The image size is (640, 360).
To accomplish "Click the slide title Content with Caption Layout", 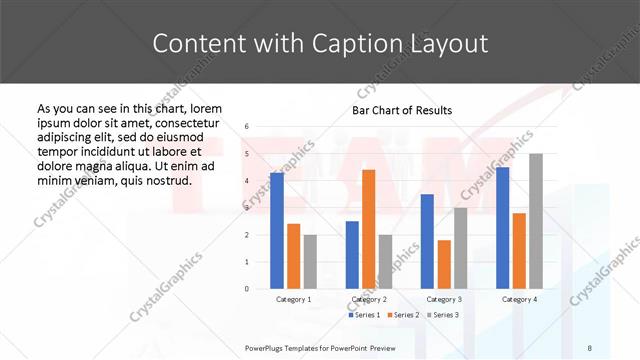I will click(320, 43).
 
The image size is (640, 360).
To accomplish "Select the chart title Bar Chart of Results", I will click(402, 110).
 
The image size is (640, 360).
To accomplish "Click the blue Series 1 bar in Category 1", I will click(277, 230).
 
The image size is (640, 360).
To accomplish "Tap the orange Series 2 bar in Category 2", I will click(368, 229).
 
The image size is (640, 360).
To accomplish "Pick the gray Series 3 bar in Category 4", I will click(536, 221).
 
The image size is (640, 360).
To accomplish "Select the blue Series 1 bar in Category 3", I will click(427, 241).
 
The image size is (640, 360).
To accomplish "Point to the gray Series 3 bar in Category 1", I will click(309, 261).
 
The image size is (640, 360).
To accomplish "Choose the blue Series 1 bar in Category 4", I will click(503, 228).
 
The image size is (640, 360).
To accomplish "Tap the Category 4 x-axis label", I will click(519, 299).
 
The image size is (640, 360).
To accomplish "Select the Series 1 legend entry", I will click(365, 315).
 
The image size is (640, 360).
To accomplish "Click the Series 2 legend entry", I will click(404, 315).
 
